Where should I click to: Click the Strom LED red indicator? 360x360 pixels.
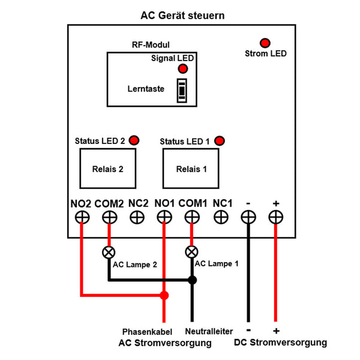pos(264,43)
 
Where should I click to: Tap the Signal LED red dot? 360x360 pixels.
pos(182,69)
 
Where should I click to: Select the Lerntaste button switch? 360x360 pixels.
pos(182,91)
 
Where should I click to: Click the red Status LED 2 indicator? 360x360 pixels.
pos(134,140)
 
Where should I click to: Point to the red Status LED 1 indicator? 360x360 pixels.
pos(220,141)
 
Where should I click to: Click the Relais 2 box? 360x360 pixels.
pos(107,169)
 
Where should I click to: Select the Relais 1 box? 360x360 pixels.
pos(191,169)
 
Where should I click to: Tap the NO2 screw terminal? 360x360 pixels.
pos(82,217)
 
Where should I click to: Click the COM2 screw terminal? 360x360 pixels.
pos(109,217)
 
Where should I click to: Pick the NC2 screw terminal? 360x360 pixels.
pos(137,217)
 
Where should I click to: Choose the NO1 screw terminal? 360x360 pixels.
pos(164,217)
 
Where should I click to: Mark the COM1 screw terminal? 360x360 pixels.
pos(192,217)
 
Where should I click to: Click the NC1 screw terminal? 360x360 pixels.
pos(220,217)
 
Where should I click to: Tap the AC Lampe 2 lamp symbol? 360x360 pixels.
pos(109,252)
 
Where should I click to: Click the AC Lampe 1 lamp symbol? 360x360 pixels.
pos(192,252)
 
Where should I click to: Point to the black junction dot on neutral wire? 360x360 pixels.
pos(192,280)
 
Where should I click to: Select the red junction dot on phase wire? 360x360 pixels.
pos(164,295)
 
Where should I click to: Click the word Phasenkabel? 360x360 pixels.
pos(148,331)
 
